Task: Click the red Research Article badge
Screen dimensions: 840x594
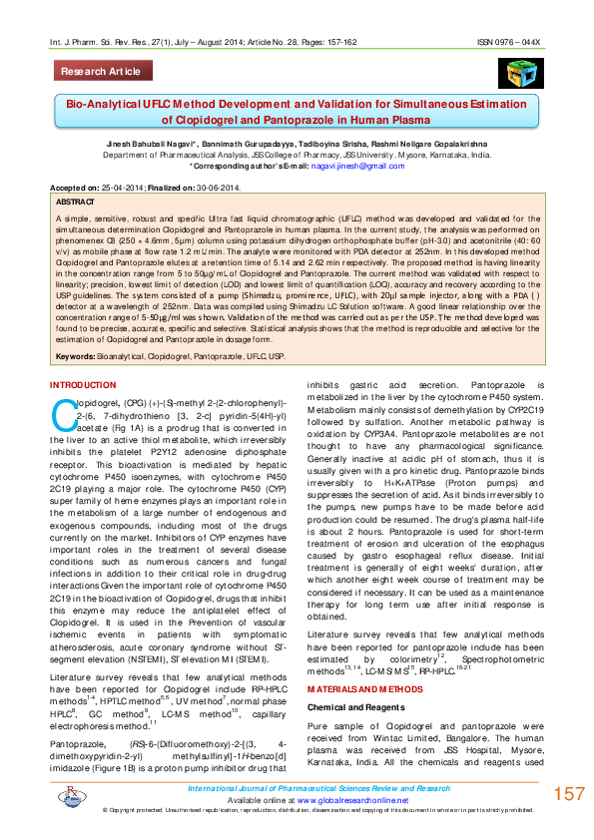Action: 101,72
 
